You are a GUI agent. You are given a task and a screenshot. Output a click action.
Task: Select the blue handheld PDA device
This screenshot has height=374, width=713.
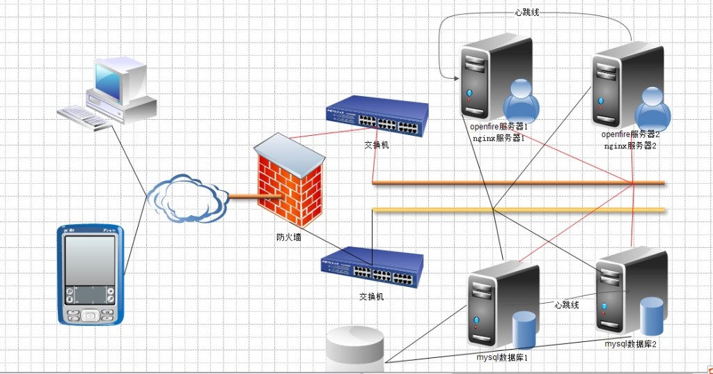pos(90,274)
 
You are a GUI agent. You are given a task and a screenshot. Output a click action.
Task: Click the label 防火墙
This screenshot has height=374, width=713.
pos(289,237)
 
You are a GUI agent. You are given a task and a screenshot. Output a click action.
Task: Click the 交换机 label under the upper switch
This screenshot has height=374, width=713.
pos(377,146)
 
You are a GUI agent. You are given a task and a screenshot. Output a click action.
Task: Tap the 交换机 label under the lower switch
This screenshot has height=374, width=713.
pos(371,297)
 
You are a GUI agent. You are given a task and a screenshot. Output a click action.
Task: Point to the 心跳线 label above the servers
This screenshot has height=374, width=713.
pos(527,12)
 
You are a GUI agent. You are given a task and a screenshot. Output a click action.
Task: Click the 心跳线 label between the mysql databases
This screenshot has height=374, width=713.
pos(567,304)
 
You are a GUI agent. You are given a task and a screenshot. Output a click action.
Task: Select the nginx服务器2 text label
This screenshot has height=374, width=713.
pos(630,146)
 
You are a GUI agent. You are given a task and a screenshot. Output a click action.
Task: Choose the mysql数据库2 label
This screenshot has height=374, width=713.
pos(630,344)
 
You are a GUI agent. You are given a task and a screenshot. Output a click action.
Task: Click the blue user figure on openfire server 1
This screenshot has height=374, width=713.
pos(521,101)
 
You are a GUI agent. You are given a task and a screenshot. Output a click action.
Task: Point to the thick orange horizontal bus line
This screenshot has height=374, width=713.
pos(519,183)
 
